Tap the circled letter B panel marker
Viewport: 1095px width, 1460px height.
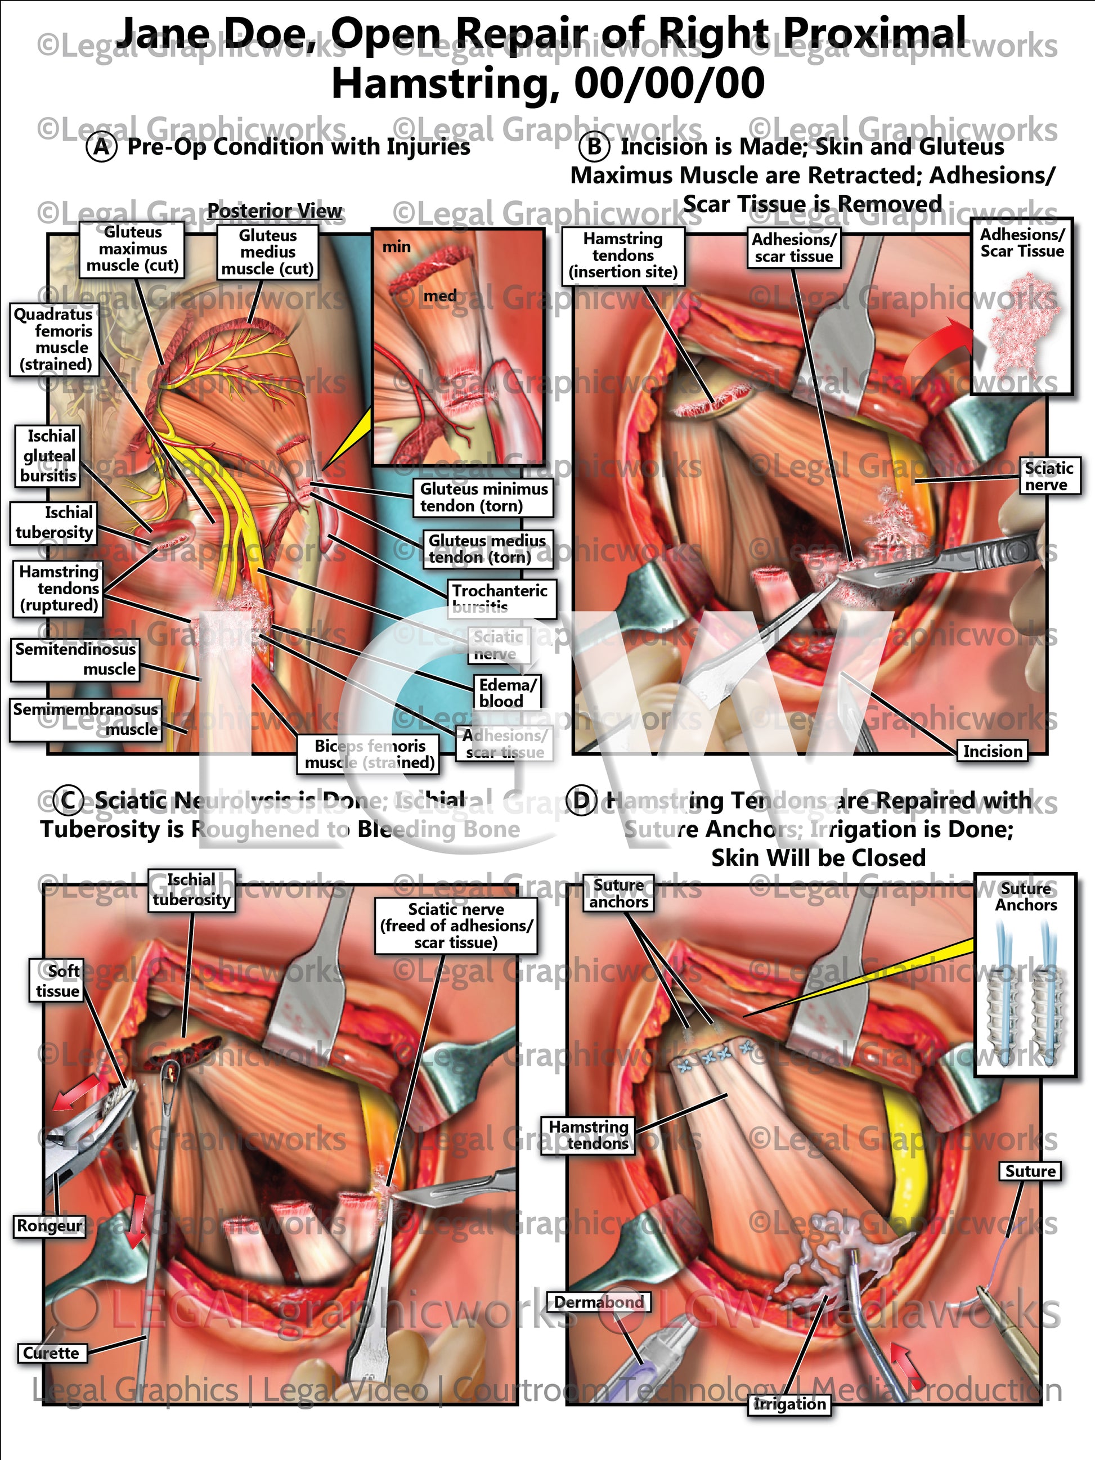[x=594, y=146]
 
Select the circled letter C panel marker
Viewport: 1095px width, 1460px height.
[x=69, y=800]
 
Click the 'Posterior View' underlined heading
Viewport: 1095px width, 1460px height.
[x=275, y=211]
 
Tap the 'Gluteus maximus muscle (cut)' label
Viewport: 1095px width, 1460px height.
[x=132, y=249]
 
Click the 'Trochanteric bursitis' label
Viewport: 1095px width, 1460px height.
[x=500, y=598]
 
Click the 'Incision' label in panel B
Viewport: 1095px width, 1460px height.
[x=992, y=751]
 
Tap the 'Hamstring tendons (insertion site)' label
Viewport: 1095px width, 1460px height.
[x=622, y=255]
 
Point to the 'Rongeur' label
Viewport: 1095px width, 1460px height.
[x=50, y=1226]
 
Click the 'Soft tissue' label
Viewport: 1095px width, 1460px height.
[x=57, y=981]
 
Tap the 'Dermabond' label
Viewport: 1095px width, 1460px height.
[x=599, y=1302]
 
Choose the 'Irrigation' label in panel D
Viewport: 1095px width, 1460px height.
[x=789, y=1404]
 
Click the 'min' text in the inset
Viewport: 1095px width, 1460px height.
[x=397, y=247]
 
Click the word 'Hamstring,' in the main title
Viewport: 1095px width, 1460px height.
[x=442, y=84]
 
